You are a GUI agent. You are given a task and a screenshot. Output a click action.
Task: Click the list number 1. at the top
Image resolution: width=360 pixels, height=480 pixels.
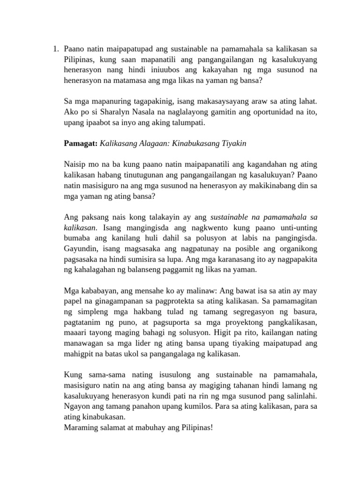pyautogui.click(x=55, y=48)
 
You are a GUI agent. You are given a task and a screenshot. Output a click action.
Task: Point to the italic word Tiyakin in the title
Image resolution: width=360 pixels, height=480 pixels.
pyautogui.click(x=233, y=143)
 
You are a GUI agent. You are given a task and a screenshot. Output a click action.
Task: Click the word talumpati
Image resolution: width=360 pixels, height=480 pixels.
pyautogui.click(x=187, y=123)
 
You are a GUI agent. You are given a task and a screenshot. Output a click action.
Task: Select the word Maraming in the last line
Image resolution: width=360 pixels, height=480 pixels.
pyautogui.click(x=81, y=428)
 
